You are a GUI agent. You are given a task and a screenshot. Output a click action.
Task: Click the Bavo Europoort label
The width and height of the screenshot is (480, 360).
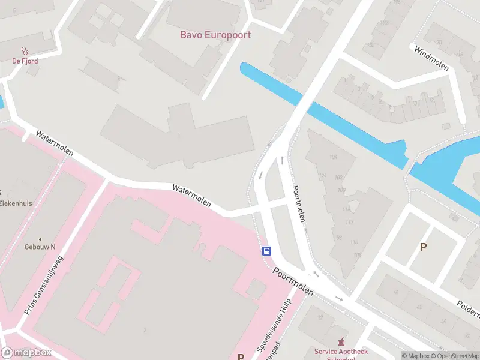pos(215,34)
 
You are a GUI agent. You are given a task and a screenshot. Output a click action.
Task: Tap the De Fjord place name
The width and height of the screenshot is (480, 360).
pos(24,61)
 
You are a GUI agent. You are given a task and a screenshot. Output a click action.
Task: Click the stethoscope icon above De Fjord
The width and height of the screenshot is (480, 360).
pos(24,52)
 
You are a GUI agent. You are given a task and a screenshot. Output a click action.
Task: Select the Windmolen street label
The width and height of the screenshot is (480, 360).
pos(431,58)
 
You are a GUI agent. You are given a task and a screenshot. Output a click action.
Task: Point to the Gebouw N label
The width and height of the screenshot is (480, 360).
pos(40,247)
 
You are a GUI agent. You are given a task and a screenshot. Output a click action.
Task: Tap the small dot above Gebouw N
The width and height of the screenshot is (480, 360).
pos(40,239)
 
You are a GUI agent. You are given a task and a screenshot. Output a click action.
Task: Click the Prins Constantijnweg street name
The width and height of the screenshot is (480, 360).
pos(43,283)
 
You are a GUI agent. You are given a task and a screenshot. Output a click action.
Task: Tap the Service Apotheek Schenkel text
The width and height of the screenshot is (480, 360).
pos(341,354)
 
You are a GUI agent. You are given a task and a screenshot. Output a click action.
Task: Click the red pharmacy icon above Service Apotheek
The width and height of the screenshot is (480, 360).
pos(341,341)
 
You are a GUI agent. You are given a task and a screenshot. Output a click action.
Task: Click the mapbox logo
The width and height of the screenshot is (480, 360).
pos(26,353)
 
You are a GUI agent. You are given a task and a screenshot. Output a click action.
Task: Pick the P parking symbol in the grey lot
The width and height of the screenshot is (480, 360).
pos(423,247)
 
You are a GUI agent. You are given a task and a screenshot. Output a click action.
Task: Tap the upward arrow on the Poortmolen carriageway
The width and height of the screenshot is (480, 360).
pos(282,160)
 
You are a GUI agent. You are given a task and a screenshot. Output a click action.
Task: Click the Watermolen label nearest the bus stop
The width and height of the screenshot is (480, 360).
pos(192,196)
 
